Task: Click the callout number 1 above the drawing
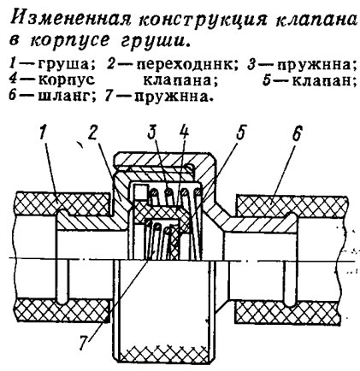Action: tap(44, 132)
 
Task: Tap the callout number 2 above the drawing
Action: tap(93, 132)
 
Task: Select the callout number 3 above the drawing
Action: tap(154, 132)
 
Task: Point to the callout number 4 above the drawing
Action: tap(184, 132)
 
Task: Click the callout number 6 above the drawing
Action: tap(297, 132)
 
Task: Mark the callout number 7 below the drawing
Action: tap(84, 343)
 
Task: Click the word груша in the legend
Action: tap(66, 66)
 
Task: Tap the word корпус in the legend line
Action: tap(67, 81)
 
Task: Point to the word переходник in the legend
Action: tap(186, 66)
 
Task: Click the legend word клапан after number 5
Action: tap(324, 81)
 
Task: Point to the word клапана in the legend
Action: tap(180, 81)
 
